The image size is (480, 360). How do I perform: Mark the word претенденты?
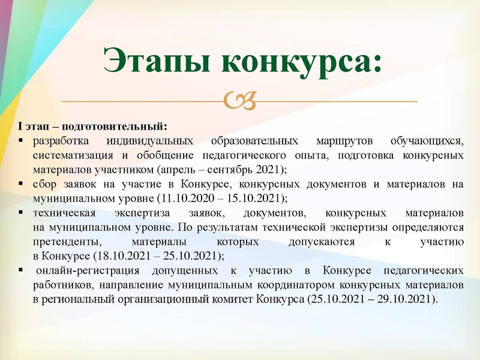(63, 242)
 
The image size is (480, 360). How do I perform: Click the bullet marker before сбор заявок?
(20, 184)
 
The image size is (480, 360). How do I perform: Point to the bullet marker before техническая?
(20, 213)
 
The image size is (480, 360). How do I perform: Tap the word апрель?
(175, 169)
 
